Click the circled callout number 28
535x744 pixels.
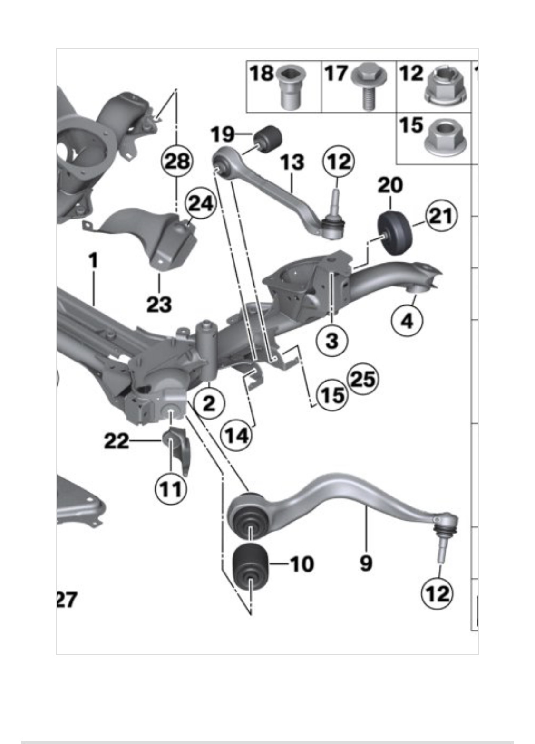(x=177, y=162)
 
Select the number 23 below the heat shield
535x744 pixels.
(x=159, y=304)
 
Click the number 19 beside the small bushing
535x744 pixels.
(x=223, y=134)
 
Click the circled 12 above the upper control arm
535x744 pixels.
(x=339, y=162)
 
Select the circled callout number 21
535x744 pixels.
(x=441, y=216)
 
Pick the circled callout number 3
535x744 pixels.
(x=332, y=340)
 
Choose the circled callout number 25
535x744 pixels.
(x=363, y=379)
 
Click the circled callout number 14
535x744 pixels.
(x=236, y=434)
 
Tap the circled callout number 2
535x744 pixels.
(x=208, y=403)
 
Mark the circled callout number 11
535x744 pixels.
(x=170, y=488)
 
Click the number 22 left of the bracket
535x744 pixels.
(x=117, y=441)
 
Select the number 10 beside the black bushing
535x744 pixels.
(x=302, y=564)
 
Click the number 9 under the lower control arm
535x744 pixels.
(x=366, y=563)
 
